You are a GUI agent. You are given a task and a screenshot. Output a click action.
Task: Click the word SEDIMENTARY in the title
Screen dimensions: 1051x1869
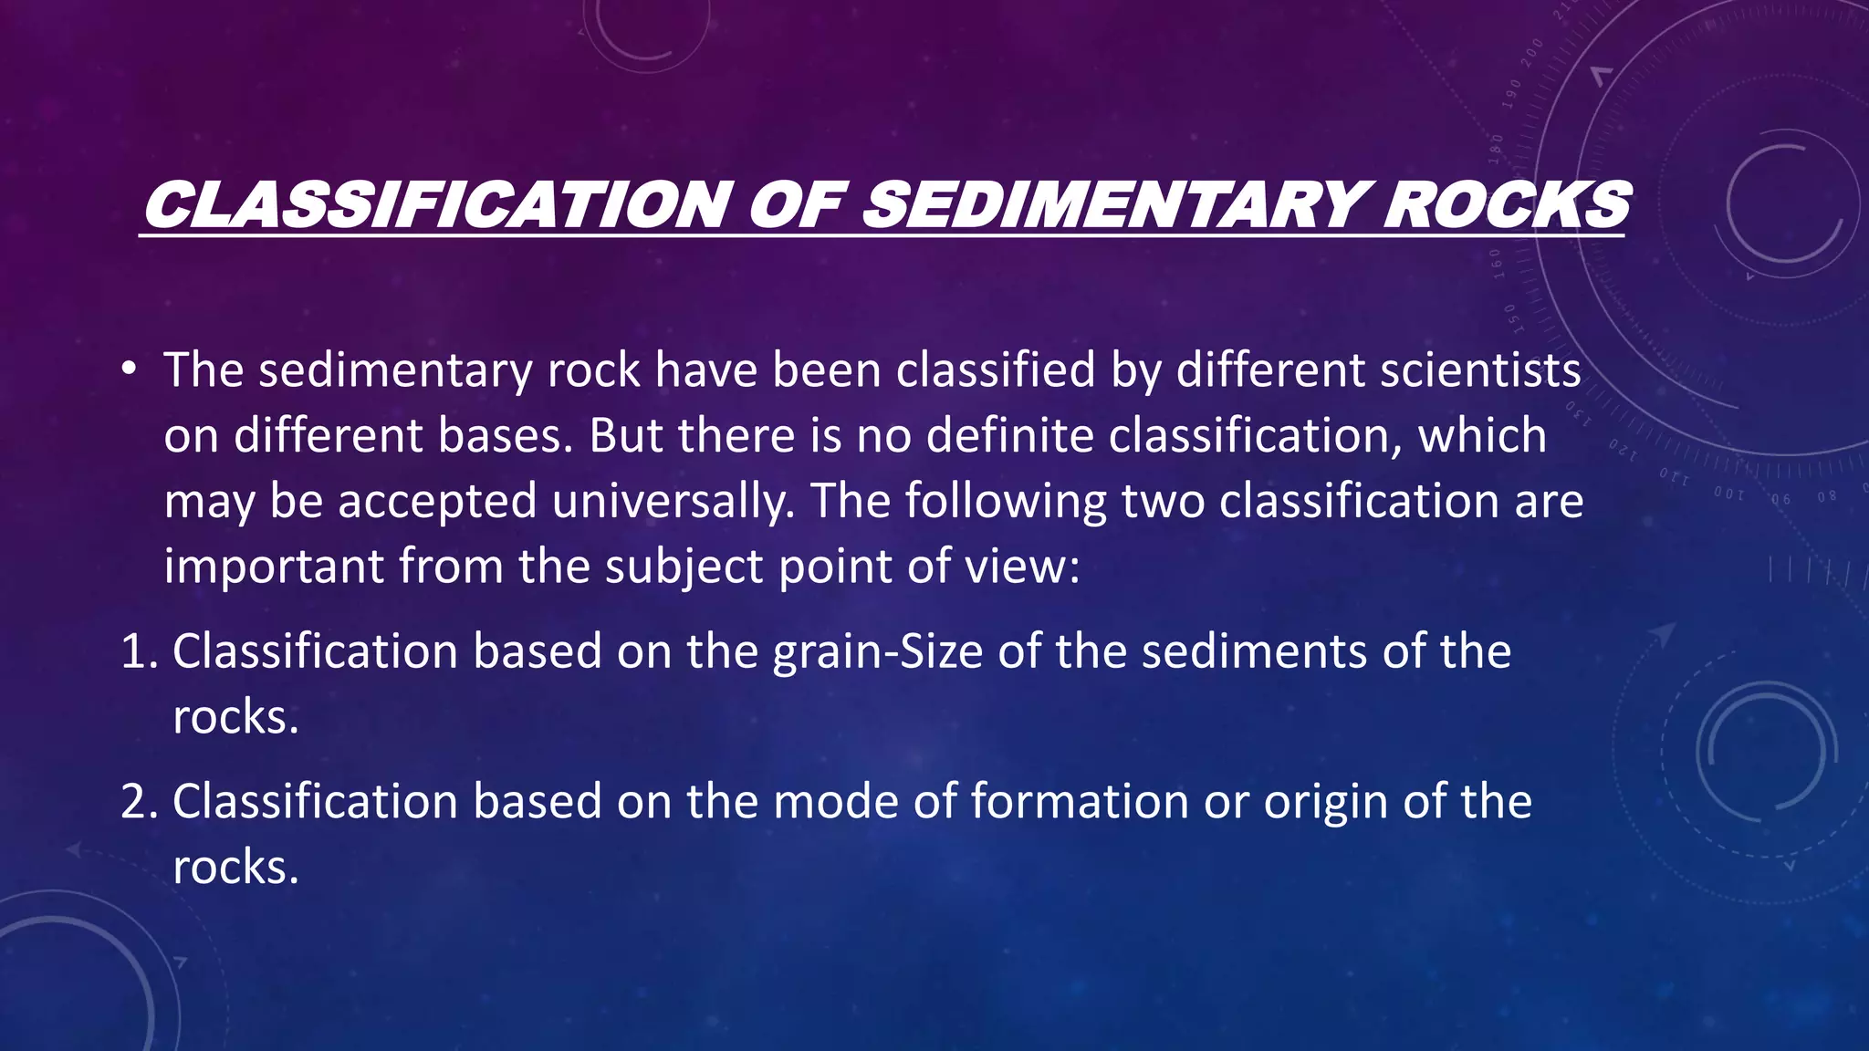(x=1112, y=204)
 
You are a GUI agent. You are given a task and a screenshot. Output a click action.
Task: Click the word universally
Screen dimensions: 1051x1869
(x=672, y=502)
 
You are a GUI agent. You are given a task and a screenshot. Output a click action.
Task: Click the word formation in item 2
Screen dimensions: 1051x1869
(x=1079, y=802)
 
